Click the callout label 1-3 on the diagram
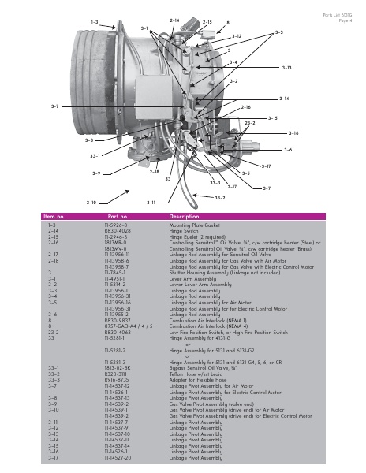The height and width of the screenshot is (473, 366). pyautogui.click(x=95, y=23)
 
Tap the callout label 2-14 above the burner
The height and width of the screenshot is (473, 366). pyautogui.click(x=174, y=19)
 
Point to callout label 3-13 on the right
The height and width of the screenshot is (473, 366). pyautogui.click(x=286, y=69)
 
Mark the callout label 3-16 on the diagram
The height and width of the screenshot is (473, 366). pyautogui.click(x=293, y=133)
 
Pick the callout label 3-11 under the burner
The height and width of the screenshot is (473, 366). pyautogui.click(x=151, y=203)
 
